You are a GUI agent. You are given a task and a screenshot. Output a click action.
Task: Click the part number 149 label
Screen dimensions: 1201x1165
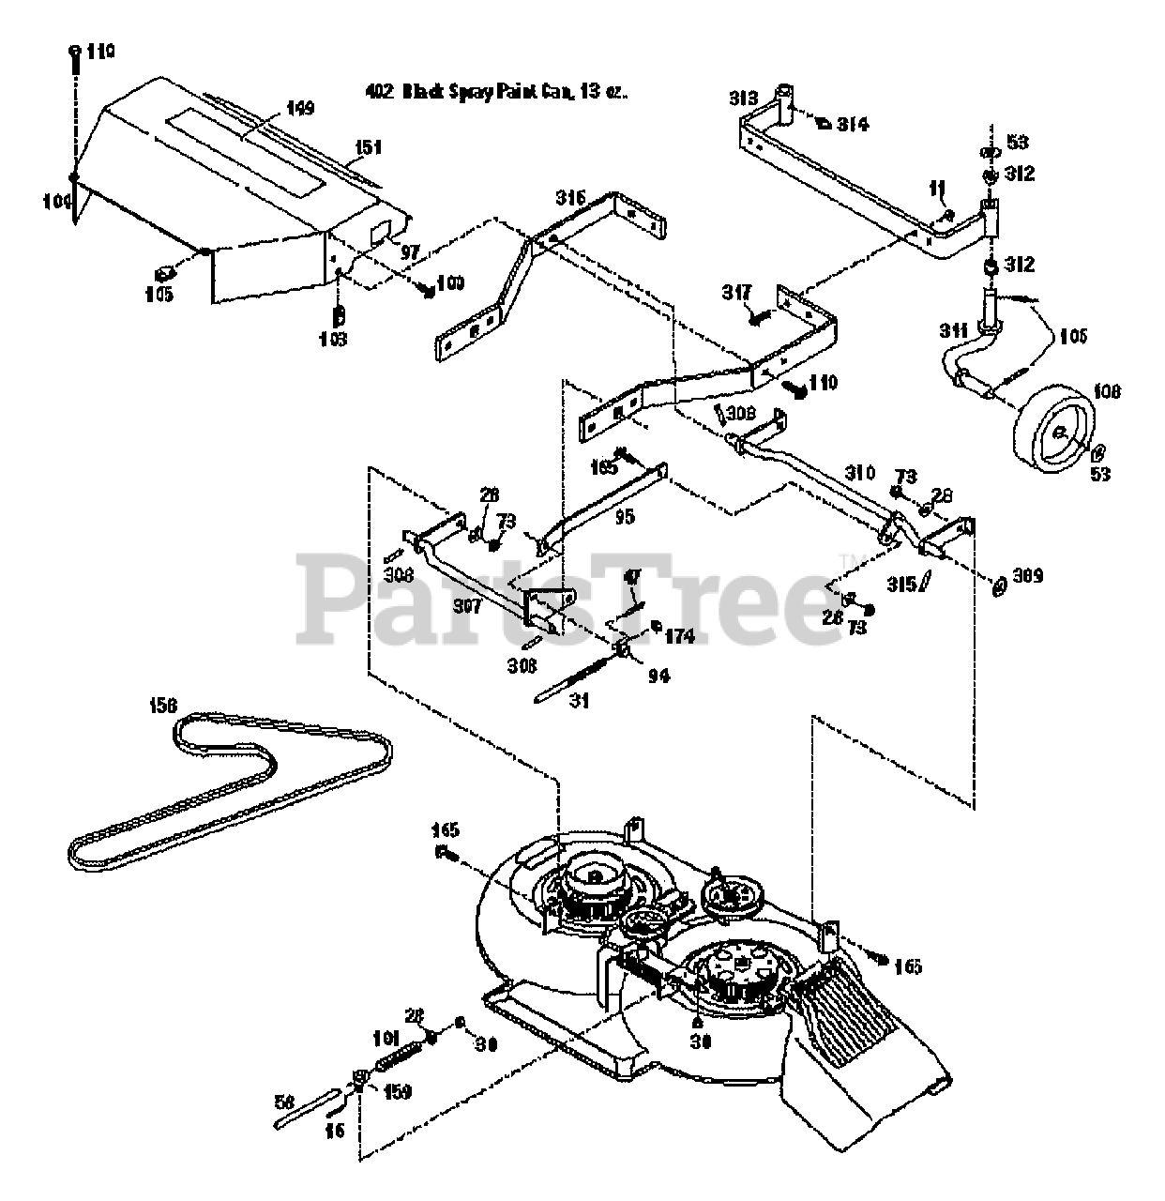click(300, 108)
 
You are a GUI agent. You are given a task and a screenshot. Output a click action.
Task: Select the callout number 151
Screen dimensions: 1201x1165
click(369, 146)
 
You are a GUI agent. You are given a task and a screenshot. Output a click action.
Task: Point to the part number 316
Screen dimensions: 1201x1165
click(569, 198)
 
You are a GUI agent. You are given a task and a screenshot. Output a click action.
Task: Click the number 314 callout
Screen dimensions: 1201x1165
click(853, 124)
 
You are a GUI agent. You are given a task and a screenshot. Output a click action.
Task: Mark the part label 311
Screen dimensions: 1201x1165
click(954, 330)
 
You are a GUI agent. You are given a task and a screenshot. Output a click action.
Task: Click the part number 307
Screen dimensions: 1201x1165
click(466, 607)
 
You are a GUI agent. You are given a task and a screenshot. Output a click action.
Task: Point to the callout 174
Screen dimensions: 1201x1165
click(679, 637)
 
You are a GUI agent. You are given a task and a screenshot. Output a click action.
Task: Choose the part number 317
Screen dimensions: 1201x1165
click(738, 294)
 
